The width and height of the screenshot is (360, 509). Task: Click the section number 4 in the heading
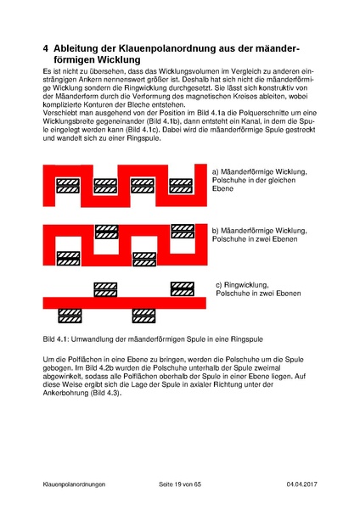[x=46, y=49]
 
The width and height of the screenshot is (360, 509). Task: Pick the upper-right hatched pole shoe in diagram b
[x=183, y=230]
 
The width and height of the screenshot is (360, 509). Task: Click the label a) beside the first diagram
[x=216, y=172]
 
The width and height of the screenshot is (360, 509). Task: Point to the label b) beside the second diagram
[x=216, y=230]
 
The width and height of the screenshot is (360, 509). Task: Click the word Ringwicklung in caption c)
[x=248, y=284]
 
